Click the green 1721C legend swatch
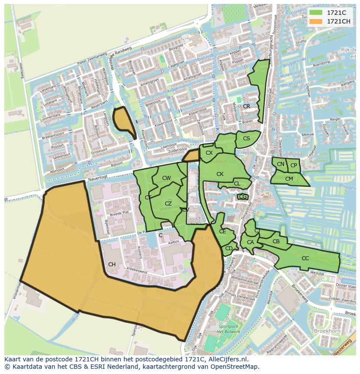coord(316,13)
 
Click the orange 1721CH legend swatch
coord(316,21)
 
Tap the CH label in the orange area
coord(112,265)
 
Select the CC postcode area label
coord(305,258)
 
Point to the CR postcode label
coord(247,106)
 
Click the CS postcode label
coord(247,139)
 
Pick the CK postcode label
coord(220,174)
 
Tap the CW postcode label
coord(166,178)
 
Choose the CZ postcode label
coord(168,204)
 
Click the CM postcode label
coord(289,179)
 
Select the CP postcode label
coord(293,165)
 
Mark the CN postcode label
coord(280,164)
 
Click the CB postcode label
coord(276,242)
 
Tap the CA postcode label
coord(250,242)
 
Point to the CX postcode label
coord(209,153)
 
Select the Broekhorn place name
coord(327,331)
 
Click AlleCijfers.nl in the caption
coord(227,359)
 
